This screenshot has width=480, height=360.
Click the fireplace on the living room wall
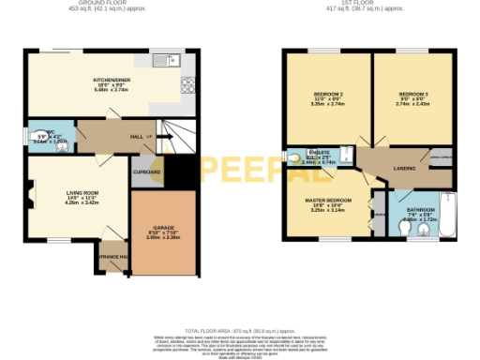pos(31,198)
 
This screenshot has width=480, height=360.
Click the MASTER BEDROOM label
pos(328,201)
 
